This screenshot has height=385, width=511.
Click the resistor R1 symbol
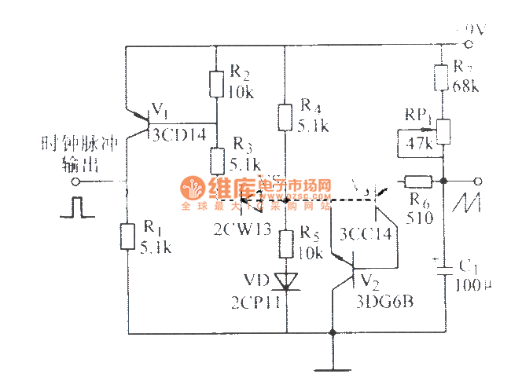point(127,236)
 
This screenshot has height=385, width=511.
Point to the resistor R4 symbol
point(285,115)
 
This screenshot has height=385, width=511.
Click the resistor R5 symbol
point(285,244)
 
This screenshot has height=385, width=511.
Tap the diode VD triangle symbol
point(285,280)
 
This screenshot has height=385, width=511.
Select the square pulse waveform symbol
point(75,207)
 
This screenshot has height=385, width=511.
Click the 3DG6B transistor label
point(383,299)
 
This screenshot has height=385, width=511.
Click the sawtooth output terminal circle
point(476,181)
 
